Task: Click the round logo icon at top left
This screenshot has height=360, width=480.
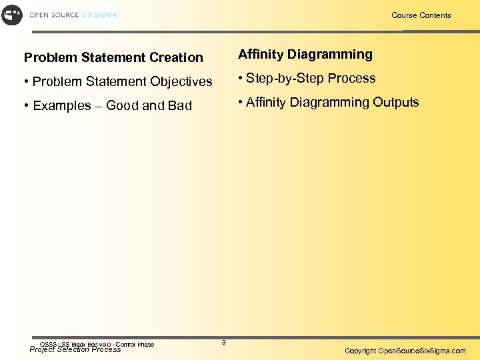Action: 12,15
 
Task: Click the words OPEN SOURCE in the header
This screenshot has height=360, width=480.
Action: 53,15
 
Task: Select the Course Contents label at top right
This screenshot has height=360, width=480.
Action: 421,15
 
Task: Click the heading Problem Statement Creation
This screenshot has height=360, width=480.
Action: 113,57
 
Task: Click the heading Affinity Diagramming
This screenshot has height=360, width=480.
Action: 305,54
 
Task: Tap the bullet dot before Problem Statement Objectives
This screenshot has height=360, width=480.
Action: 27,82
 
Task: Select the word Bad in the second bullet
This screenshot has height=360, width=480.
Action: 179,105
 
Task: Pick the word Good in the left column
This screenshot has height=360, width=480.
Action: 123,105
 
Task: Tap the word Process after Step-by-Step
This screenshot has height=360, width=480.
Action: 353,78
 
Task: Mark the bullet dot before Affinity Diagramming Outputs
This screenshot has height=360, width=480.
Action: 241,103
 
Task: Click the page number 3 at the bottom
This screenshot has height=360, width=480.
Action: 223,343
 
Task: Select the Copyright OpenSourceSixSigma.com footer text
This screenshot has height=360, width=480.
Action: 405,351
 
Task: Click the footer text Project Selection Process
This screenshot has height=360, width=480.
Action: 75,350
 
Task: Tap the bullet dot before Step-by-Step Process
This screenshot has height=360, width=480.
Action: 241,79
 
